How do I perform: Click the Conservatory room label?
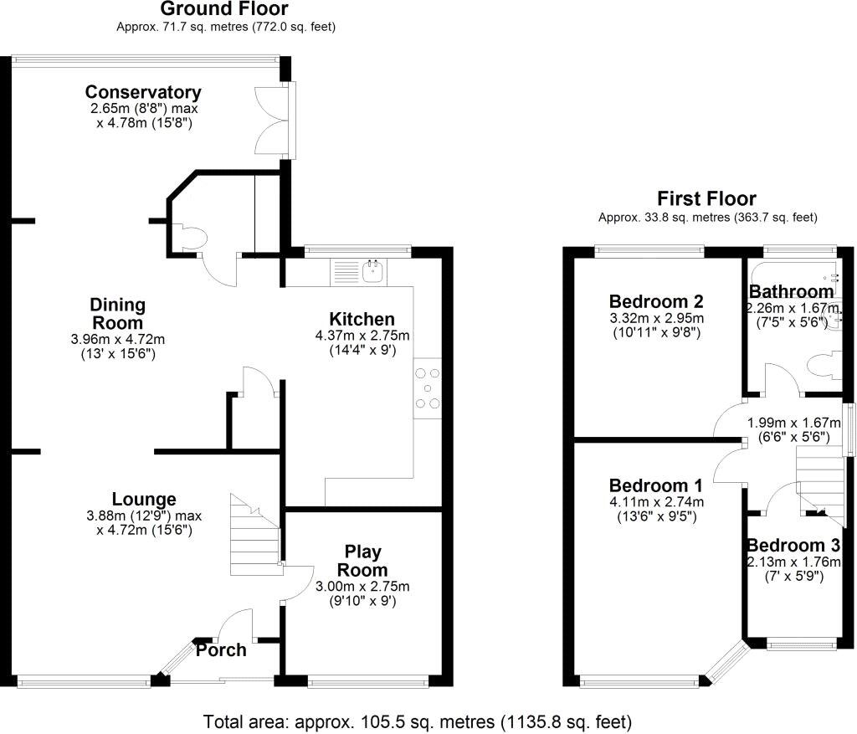143,92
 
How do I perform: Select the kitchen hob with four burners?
428,388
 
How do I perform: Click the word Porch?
222,650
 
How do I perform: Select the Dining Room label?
118,314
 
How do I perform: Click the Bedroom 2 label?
655,301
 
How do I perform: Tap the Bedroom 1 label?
655,485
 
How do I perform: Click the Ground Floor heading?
224,9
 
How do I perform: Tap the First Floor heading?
706,199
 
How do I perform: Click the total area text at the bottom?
418,721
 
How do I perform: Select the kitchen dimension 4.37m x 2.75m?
362,336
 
